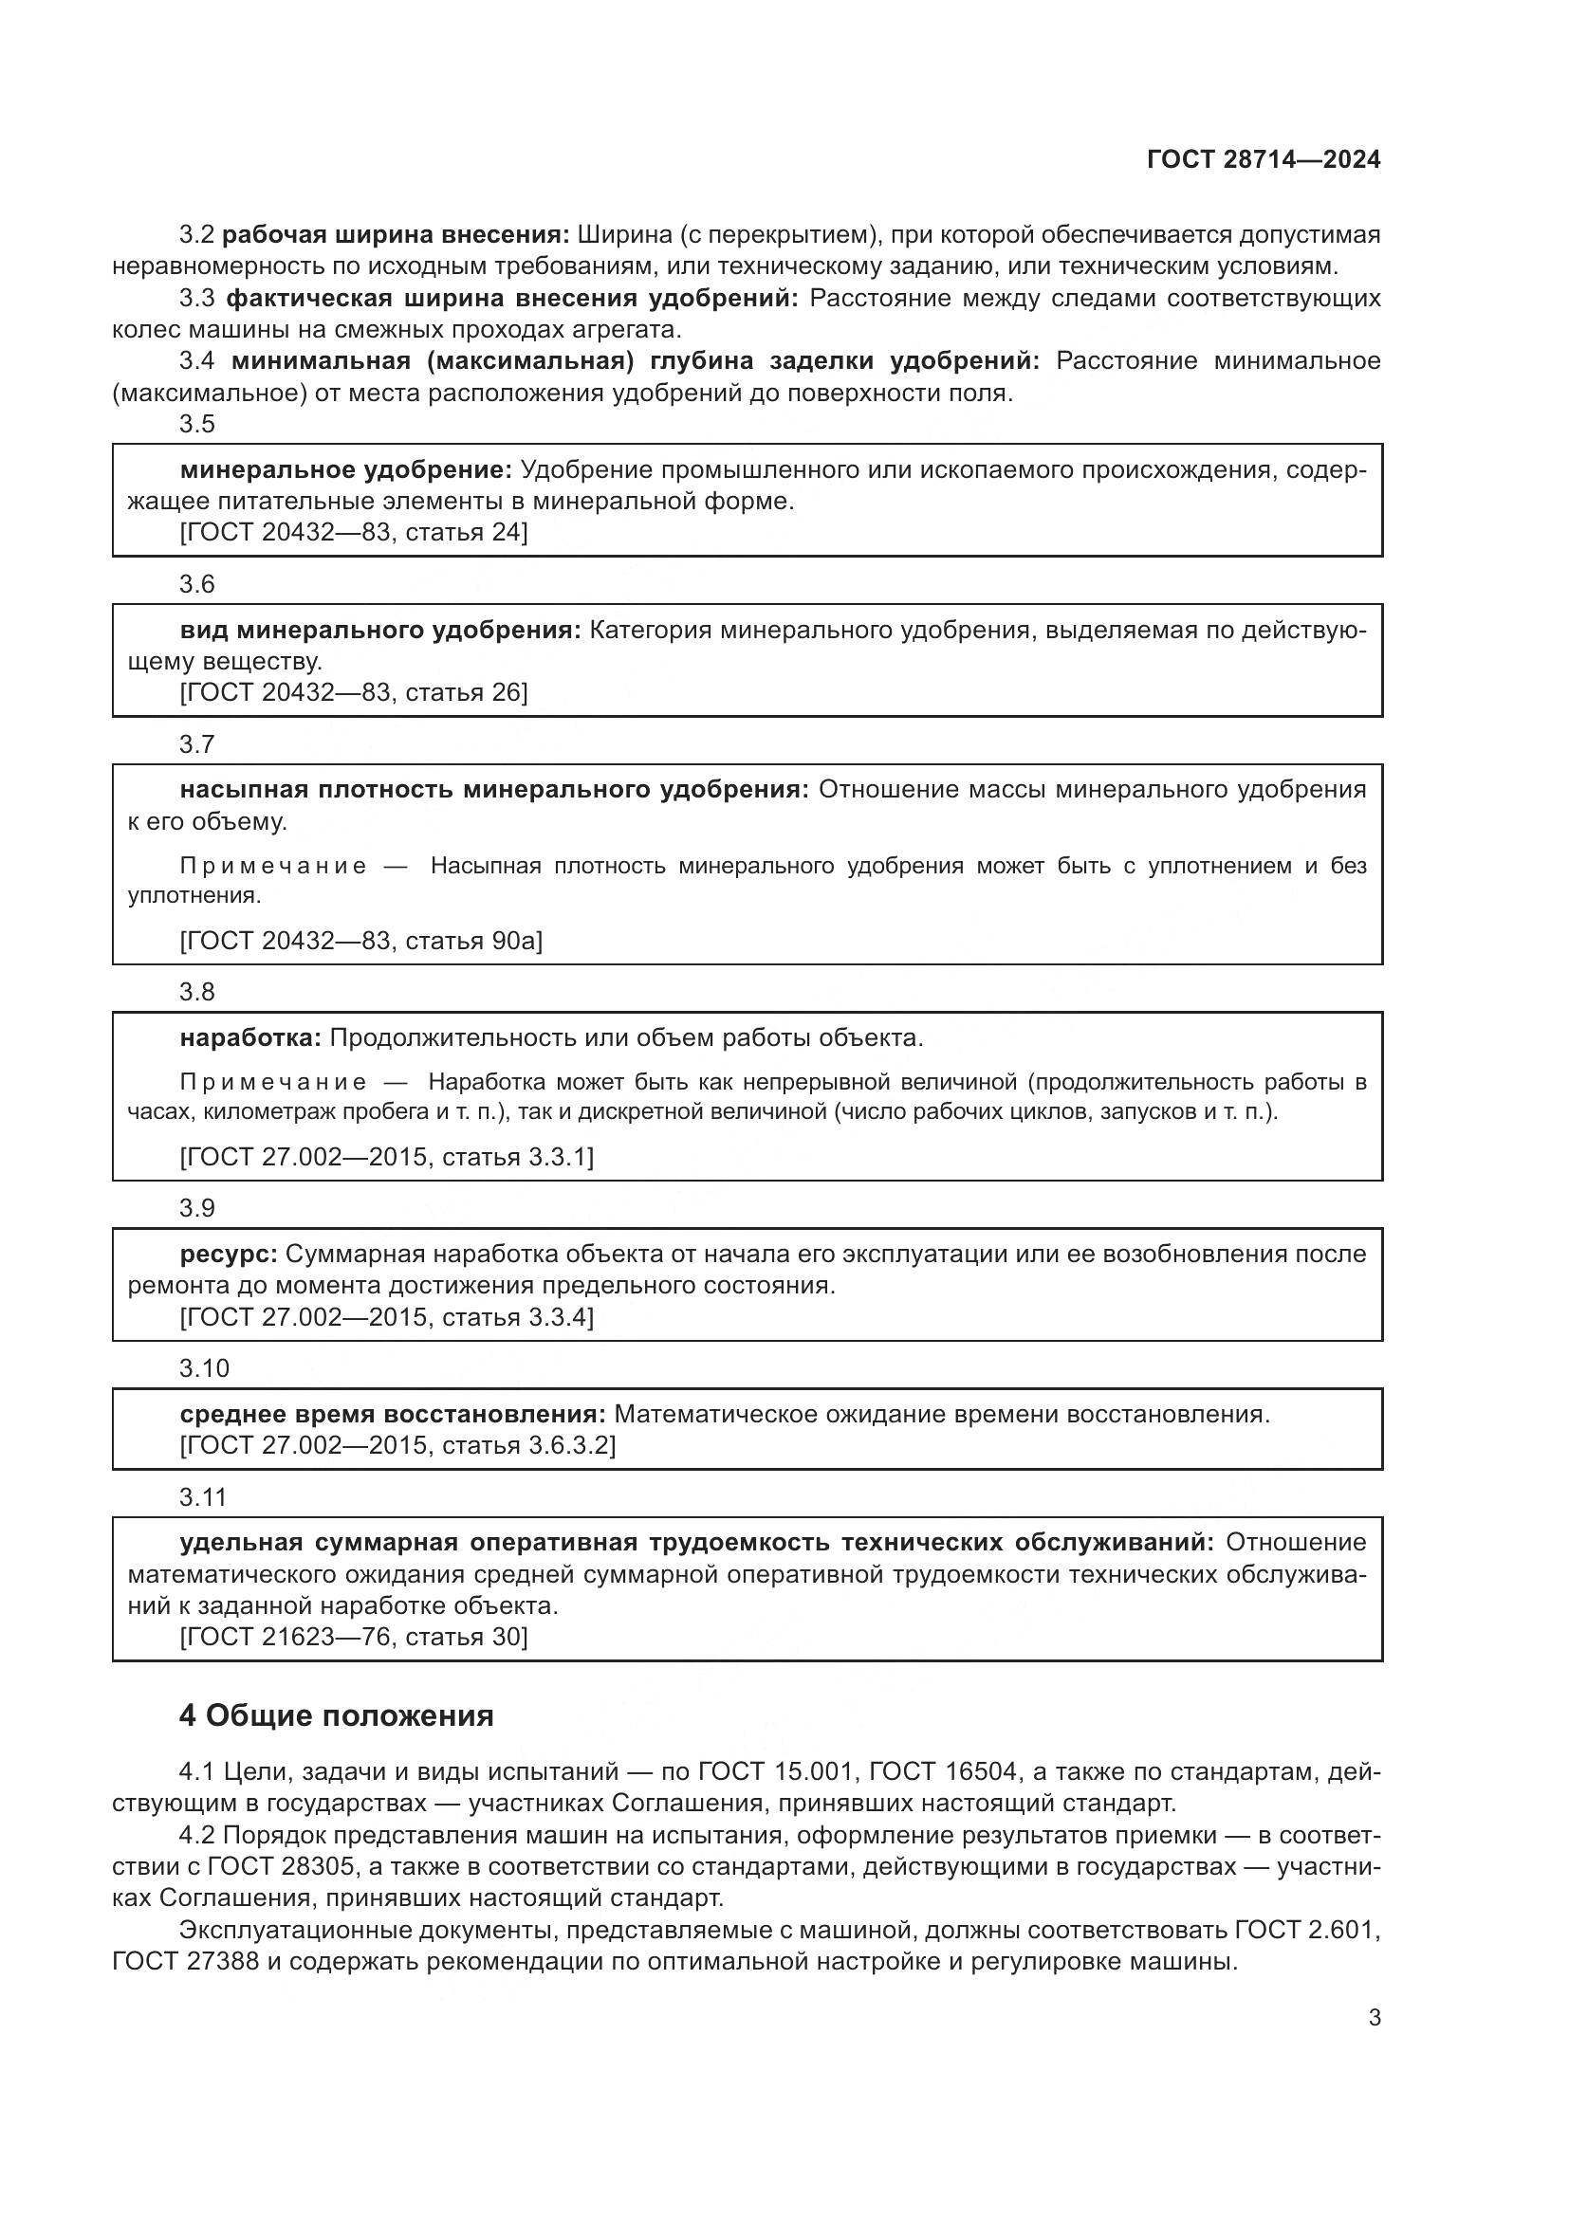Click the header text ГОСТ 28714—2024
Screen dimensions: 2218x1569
[x=1263, y=159]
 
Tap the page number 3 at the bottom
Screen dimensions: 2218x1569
[x=1374, y=2018]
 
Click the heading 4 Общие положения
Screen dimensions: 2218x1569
[x=336, y=1715]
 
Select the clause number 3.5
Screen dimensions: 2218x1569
[x=197, y=424]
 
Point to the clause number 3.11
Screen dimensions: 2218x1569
[x=203, y=1497]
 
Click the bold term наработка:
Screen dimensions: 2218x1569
[x=250, y=1038]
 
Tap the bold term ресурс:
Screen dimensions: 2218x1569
[x=228, y=1254]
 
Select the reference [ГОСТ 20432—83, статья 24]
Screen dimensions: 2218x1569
[x=354, y=532]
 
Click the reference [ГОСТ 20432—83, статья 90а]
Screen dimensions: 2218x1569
[x=361, y=941]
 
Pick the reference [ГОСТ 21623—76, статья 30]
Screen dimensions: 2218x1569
[x=354, y=1637]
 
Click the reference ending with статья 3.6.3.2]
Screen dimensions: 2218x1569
[x=397, y=1445]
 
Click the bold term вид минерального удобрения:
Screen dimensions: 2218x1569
[x=380, y=631]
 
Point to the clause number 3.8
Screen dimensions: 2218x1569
[x=197, y=992]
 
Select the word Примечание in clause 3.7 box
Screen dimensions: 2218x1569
[x=273, y=866]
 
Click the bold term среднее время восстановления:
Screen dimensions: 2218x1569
[x=393, y=1414]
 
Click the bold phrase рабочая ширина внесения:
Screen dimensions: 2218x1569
[x=397, y=235]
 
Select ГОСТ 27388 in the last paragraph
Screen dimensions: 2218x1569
[x=189, y=1961]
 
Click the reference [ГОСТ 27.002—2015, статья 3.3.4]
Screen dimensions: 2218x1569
[x=386, y=1317]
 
